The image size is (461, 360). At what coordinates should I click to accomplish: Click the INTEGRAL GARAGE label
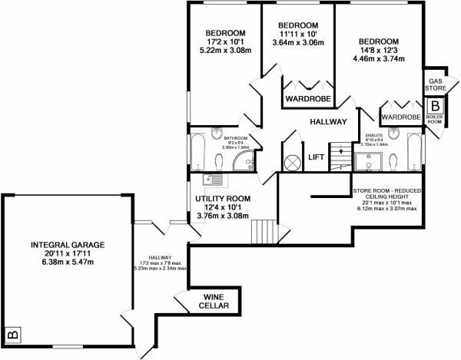(x=67, y=245)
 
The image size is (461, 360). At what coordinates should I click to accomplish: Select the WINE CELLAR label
(x=214, y=302)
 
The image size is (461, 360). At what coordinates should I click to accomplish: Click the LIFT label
(x=316, y=157)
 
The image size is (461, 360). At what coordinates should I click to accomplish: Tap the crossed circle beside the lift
(x=293, y=163)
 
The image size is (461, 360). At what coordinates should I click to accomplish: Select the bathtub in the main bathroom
(x=196, y=153)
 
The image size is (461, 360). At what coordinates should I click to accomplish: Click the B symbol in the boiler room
(x=435, y=106)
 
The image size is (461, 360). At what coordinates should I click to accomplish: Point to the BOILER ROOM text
(x=435, y=121)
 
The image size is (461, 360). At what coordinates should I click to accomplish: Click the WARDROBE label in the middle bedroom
(x=307, y=99)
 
